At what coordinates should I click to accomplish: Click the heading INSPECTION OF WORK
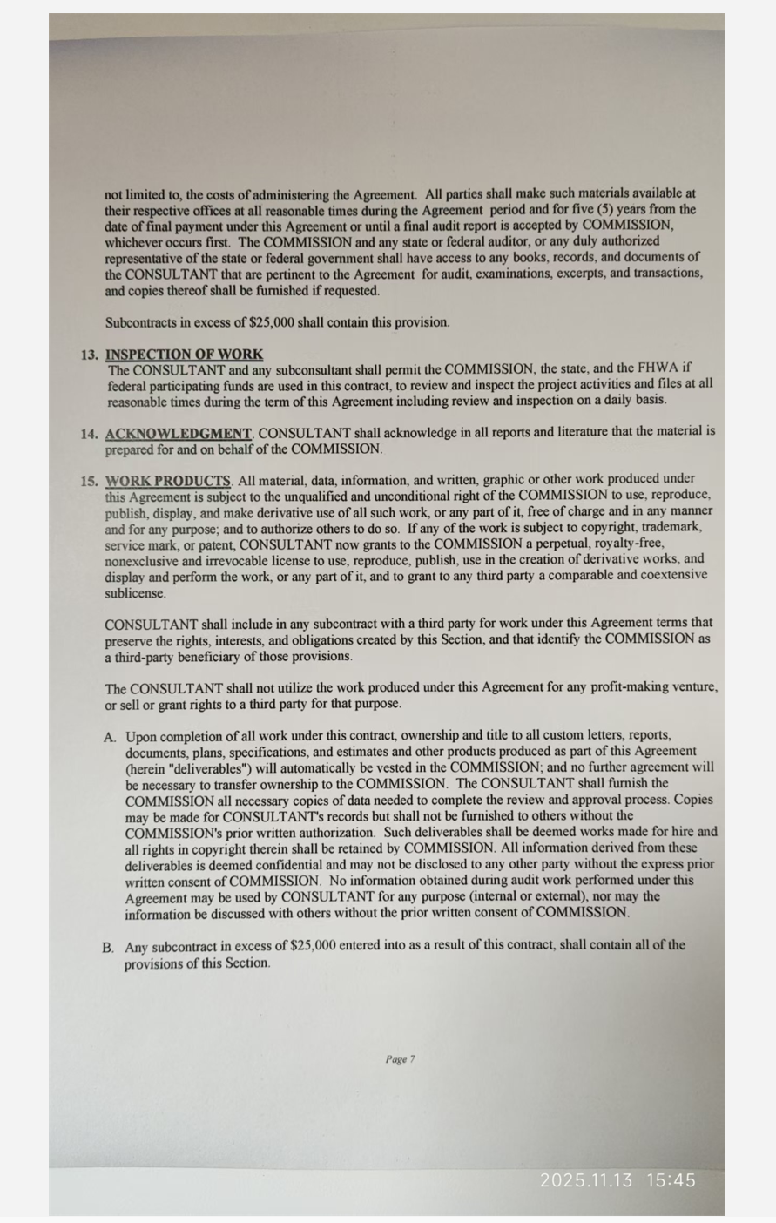point(184,355)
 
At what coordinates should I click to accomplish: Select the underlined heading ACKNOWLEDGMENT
point(179,433)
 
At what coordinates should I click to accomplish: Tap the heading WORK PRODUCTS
point(168,481)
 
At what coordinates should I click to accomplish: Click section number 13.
point(89,355)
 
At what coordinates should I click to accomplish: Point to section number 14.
point(89,434)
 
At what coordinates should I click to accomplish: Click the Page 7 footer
point(400,1059)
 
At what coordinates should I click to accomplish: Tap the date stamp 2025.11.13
point(586,1180)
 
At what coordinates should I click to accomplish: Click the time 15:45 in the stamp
point(671,1180)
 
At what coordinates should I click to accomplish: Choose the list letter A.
point(110,738)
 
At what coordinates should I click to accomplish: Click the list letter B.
point(108,947)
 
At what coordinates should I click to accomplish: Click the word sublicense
point(135,593)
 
